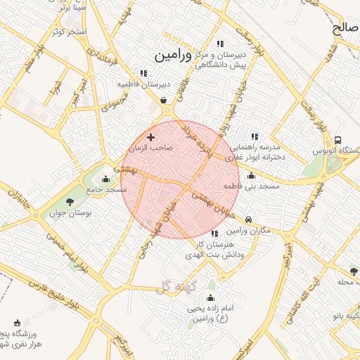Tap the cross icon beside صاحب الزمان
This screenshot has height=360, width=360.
[x=150, y=137]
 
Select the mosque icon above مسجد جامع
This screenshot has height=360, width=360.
[x=106, y=179]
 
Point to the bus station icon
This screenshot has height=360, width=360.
[x=338, y=140]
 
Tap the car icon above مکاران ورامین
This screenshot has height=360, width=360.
[x=250, y=219]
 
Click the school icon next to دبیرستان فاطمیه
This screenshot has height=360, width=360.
[x=144, y=72]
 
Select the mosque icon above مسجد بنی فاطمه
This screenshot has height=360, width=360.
[x=251, y=175]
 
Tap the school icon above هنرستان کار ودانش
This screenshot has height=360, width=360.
[x=214, y=233]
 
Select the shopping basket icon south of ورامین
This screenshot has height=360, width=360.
[x=164, y=101]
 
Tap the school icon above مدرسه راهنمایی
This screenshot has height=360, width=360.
[x=255, y=136]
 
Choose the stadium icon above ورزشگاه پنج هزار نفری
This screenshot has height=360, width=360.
[x=17, y=323]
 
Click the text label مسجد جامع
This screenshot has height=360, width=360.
[x=106, y=190]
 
